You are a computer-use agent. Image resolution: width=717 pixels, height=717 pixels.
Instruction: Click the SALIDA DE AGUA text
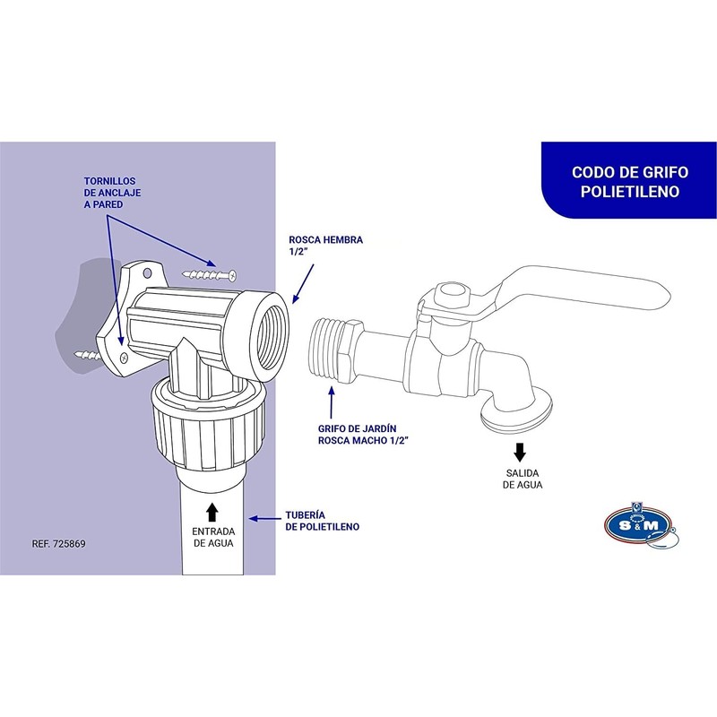tap(522, 479)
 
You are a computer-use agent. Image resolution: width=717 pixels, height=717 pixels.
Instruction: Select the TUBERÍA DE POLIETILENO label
tap(322, 521)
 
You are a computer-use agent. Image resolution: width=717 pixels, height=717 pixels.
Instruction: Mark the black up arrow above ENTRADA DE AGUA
tap(212, 512)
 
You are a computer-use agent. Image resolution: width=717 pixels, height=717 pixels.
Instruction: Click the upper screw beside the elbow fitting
tap(208, 272)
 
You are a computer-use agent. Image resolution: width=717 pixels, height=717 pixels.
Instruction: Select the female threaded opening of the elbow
tap(270, 337)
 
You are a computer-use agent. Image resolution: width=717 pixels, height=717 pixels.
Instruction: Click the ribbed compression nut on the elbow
tap(197, 428)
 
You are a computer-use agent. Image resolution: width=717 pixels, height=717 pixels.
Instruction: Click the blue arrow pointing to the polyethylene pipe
tap(264, 518)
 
